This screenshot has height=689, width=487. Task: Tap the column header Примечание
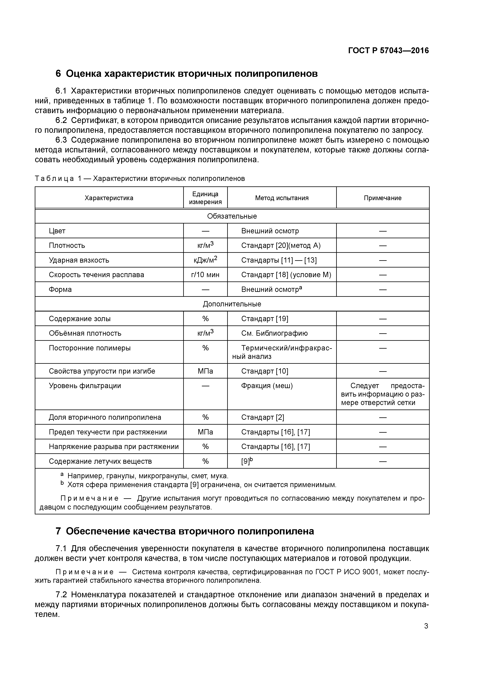pyautogui.click(x=383, y=198)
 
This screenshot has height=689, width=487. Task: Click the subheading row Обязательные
pyautogui.click(x=232, y=216)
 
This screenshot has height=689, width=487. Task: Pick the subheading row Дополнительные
pyautogui.click(x=232, y=304)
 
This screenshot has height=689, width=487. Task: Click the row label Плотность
pyautogui.click(x=67, y=246)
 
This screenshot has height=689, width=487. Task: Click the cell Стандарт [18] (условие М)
pyautogui.click(x=286, y=275)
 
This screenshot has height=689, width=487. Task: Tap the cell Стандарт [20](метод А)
pyautogui.click(x=281, y=246)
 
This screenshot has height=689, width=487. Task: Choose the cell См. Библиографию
pyautogui.click(x=274, y=333)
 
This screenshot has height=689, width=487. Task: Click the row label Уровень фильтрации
pyautogui.click(x=85, y=386)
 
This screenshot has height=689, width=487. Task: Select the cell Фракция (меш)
pyautogui.click(x=267, y=386)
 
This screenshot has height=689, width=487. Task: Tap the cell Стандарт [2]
pyautogui.click(x=263, y=417)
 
